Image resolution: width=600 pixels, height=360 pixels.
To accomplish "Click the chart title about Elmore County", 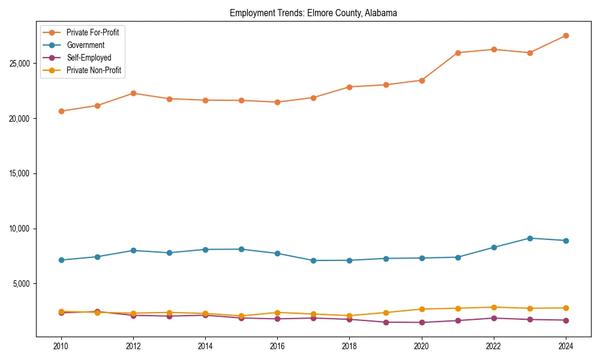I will coord(313,13).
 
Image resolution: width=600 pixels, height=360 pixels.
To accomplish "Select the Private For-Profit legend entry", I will coord(92,32).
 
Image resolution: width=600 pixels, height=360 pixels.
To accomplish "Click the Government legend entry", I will coord(85,45).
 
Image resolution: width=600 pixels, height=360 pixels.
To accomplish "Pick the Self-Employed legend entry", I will coord(89,58).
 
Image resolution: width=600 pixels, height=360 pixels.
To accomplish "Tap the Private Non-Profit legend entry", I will coord(94,70).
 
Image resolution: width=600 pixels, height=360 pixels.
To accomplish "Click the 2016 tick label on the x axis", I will coord(277,346).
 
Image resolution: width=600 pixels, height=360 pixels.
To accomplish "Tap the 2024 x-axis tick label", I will coord(566,346).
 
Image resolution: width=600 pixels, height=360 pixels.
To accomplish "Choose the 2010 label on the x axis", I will coord(61,346).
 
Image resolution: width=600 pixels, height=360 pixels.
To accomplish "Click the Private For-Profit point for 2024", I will coord(566,35).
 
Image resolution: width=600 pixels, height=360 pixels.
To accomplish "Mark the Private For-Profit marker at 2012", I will coord(133,93).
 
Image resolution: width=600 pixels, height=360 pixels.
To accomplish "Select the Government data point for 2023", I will coord(530,238).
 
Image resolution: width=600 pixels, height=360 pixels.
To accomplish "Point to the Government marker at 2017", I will coord(313,260).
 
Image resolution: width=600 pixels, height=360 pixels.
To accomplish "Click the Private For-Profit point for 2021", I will coord(458,53).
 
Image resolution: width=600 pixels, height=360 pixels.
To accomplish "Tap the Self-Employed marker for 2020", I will coord(422,322).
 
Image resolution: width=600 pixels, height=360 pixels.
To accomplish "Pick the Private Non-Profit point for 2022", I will coord(494,307).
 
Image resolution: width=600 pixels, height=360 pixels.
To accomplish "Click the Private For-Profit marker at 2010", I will coord(61,111).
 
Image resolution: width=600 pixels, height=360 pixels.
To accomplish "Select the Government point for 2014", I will coord(205,249).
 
